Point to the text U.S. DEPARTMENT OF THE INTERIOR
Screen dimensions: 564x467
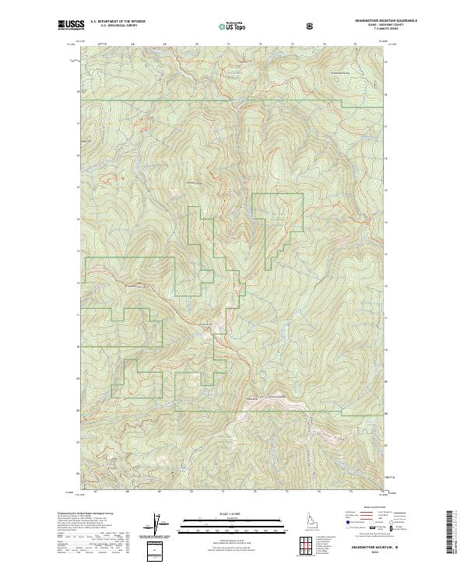tap(118, 22)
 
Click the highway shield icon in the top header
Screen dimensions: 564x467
tap(311, 26)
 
